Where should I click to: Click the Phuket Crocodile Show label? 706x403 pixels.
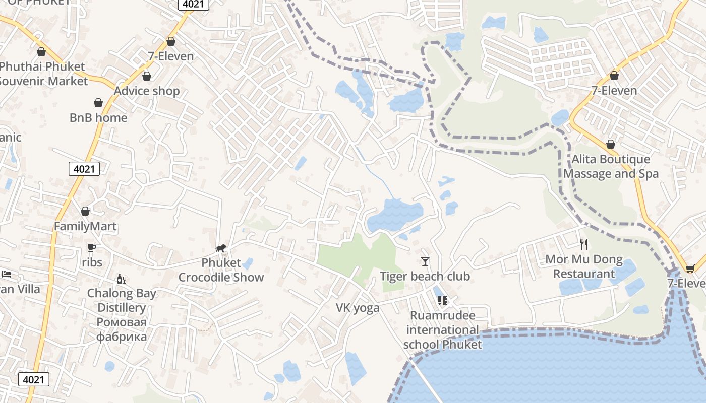point(221,270)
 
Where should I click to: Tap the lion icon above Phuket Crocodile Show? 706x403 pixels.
point(221,248)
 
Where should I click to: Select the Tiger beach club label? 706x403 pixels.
point(425,276)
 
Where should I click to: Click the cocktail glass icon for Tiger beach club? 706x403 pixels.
point(425,261)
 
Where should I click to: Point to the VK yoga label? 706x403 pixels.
point(358,308)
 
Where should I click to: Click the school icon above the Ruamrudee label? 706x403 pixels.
point(443,301)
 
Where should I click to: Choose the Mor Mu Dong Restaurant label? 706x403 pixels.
point(584,267)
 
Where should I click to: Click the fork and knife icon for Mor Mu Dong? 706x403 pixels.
point(584,244)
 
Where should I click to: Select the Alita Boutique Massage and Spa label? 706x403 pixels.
point(611,166)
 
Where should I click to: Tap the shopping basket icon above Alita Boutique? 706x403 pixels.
point(611,145)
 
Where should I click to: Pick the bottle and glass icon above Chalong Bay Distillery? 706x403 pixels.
point(121,279)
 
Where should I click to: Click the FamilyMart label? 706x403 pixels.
point(85,226)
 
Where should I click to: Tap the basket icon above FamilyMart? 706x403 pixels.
point(85,211)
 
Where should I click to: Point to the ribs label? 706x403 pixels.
point(92,262)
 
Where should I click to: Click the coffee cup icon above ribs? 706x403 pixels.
point(91,247)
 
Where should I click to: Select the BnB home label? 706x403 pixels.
point(98,118)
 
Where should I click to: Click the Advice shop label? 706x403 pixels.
point(147,91)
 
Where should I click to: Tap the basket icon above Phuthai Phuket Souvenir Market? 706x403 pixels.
point(41,52)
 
